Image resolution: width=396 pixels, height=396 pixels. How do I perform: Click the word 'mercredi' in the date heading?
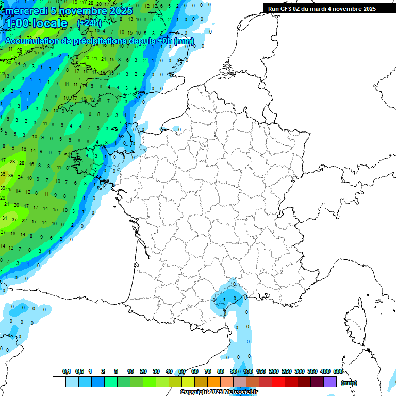pyautogui.click(x=26, y=11)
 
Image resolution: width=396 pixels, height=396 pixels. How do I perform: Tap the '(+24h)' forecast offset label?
pyautogui.click(x=90, y=23)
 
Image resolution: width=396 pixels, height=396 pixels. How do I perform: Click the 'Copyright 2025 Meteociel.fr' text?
pyautogui.click(x=219, y=392)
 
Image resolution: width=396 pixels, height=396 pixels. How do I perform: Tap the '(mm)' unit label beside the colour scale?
pyautogui.click(x=349, y=383)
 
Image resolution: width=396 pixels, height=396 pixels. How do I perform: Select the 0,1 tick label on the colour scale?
pyautogui.click(x=67, y=372)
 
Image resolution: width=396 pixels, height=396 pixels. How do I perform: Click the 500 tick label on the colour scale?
pyautogui.click(x=338, y=372)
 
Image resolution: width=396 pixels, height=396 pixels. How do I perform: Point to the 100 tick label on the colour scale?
pyautogui.click(x=248, y=372)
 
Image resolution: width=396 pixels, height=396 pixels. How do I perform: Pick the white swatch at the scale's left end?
pyautogui.click(x=59, y=382)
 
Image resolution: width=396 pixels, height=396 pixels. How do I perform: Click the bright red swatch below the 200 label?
pyautogui.click(x=278, y=382)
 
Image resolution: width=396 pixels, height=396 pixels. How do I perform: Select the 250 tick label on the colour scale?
pyautogui.click(x=287, y=372)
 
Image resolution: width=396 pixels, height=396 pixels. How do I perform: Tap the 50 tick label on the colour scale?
pyautogui.click(x=182, y=372)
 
